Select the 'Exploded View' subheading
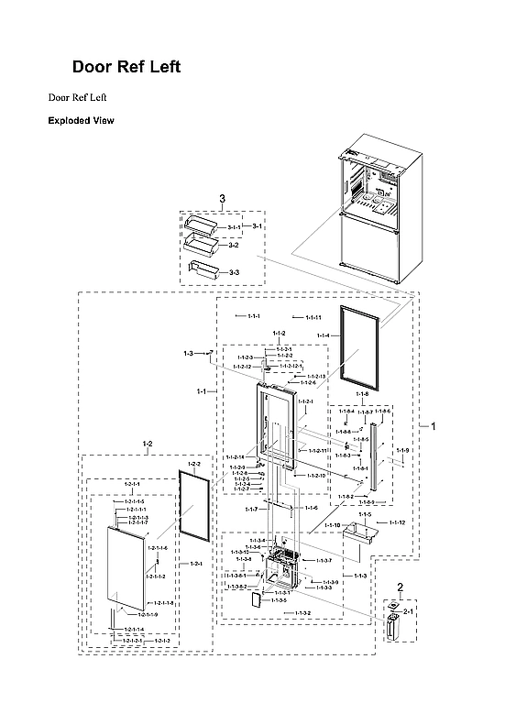[81, 120]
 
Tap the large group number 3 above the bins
[222, 199]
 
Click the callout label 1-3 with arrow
[189, 353]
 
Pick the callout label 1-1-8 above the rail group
[361, 393]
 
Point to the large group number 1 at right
[434, 426]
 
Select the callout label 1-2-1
[196, 564]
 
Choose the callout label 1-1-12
[397, 522]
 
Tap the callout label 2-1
[409, 610]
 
